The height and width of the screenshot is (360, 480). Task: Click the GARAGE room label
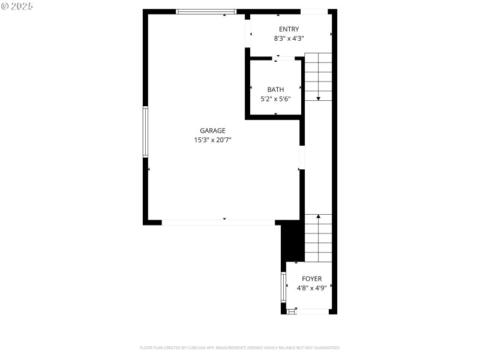(212, 131)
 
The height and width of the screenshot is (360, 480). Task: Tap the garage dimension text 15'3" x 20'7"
(212, 140)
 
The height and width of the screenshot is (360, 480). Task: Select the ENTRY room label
(289, 29)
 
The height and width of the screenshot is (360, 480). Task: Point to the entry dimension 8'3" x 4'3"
(289, 38)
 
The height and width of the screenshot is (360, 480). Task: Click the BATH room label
(275, 90)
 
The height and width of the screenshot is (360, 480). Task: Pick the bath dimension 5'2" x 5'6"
(275, 99)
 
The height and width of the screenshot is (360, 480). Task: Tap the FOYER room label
(311, 279)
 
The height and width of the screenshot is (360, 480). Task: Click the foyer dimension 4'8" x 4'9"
(311, 288)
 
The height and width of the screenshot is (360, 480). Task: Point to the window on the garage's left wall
(145, 132)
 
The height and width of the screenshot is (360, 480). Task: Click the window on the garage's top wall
(206, 11)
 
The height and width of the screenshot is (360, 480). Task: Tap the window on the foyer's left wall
(283, 287)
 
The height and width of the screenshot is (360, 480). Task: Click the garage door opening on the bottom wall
(218, 222)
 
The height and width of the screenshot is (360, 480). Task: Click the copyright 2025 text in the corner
(18, 6)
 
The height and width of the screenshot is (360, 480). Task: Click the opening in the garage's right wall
(302, 157)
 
